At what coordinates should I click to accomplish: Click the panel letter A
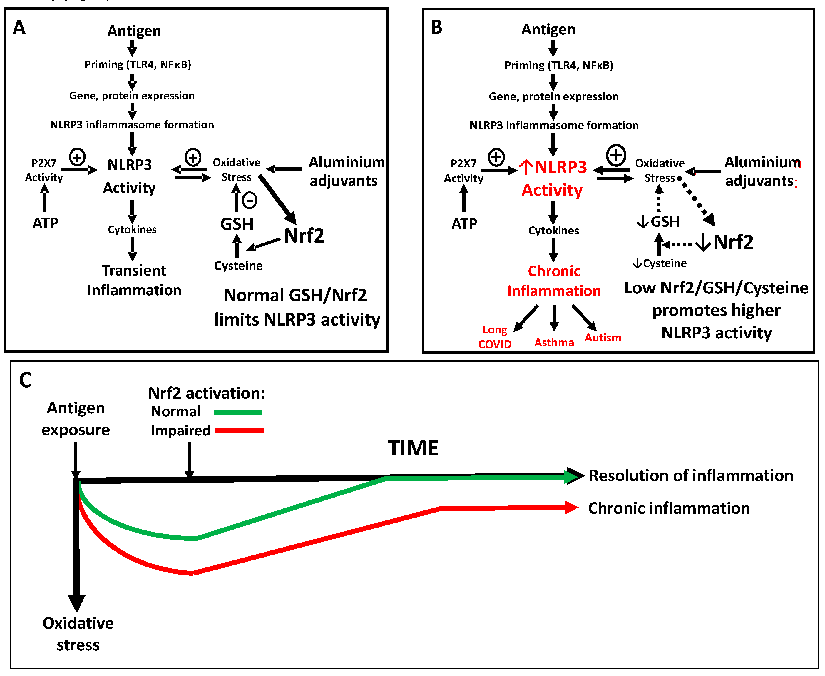(19, 28)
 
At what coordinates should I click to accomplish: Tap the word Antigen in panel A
(134, 31)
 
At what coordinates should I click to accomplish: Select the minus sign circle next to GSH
(250, 200)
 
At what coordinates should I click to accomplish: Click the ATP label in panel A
(46, 223)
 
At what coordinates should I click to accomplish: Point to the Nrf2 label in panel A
(304, 236)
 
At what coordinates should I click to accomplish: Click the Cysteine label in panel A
(238, 266)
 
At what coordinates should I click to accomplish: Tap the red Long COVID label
(495, 337)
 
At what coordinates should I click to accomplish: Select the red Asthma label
(554, 343)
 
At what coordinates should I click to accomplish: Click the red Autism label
(603, 338)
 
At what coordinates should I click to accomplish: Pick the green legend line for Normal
(238, 413)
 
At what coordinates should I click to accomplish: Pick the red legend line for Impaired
(239, 431)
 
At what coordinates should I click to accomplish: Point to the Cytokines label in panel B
(553, 231)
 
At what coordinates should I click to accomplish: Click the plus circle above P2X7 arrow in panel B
(496, 158)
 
